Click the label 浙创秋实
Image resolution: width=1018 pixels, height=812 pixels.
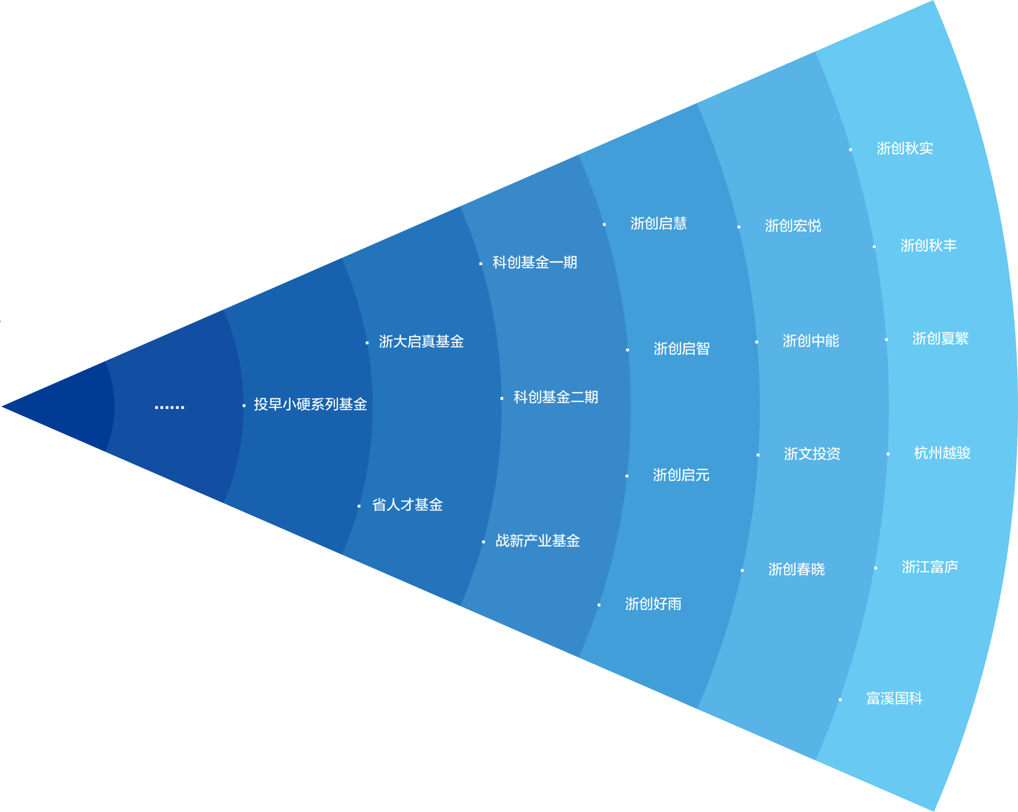pyautogui.click(x=905, y=149)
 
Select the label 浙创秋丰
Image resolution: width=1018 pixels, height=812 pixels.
pyautogui.click(x=928, y=245)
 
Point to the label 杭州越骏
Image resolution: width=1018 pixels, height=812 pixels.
pyautogui.click(x=942, y=453)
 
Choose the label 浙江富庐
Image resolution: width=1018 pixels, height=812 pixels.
pyautogui.click(x=930, y=567)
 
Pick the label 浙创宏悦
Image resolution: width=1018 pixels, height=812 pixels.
pyautogui.click(x=793, y=226)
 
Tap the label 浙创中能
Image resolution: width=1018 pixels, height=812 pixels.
pyautogui.click(x=811, y=341)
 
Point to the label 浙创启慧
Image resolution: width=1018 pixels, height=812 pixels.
pyautogui.click(x=659, y=224)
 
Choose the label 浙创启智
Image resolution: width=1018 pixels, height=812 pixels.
pyautogui.click(x=681, y=349)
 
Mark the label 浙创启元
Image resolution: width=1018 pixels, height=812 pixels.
pyautogui.click(x=681, y=475)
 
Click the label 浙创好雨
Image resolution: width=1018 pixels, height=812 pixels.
pyautogui.click(x=653, y=604)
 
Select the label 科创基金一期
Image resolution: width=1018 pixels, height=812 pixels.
pyautogui.click(x=535, y=263)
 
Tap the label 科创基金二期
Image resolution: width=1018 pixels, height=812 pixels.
pyautogui.click(x=556, y=397)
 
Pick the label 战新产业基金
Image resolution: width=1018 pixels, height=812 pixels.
pyautogui.click(x=537, y=541)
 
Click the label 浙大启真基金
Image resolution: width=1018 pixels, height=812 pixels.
pyautogui.click(x=421, y=342)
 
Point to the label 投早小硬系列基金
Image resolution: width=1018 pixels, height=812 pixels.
pyautogui.click(x=310, y=404)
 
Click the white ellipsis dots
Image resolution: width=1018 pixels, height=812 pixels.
pyautogui.click(x=169, y=407)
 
